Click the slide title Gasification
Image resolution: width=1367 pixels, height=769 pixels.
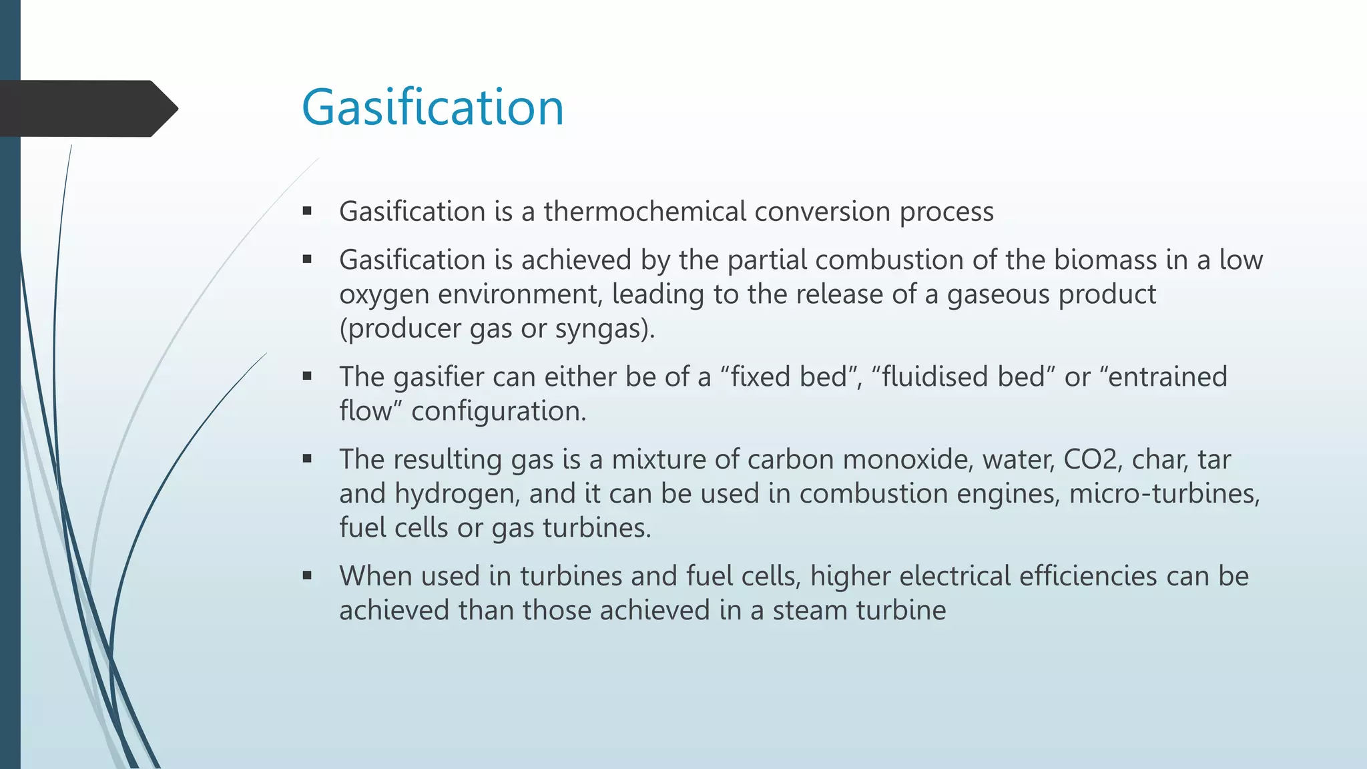[433, 107]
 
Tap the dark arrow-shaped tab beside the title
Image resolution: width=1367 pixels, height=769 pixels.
[87, 109]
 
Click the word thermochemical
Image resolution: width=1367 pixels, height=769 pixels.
[645, 212]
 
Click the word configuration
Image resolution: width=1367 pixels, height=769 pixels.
[498, 411]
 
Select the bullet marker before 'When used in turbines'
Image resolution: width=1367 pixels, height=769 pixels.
[307, 575]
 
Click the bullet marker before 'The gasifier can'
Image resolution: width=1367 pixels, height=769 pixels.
[307, 376]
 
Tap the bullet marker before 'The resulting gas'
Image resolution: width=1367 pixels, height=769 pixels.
[307, 459]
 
